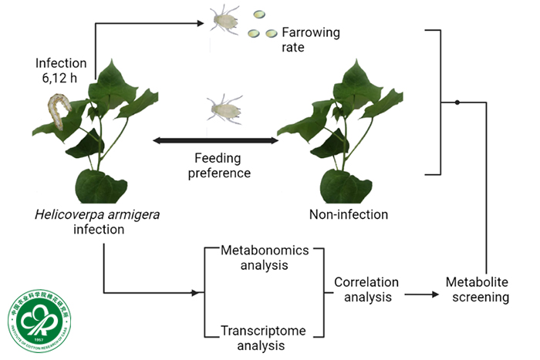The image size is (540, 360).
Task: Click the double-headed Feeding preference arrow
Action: tap(215, 141)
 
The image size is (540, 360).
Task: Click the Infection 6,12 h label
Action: tap(61, 70)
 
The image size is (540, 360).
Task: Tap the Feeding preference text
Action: tap(221, 165)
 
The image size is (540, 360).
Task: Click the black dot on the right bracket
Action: tap(457, 102)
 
